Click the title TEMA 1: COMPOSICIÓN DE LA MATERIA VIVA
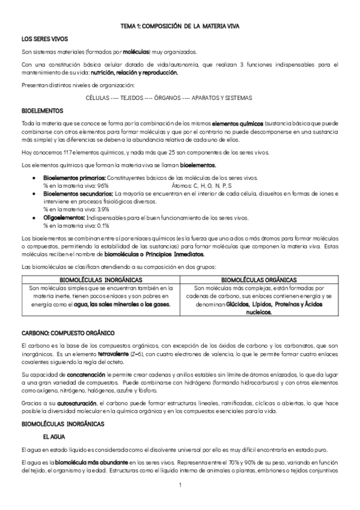[180, 26]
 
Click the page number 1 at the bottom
[180, 483]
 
